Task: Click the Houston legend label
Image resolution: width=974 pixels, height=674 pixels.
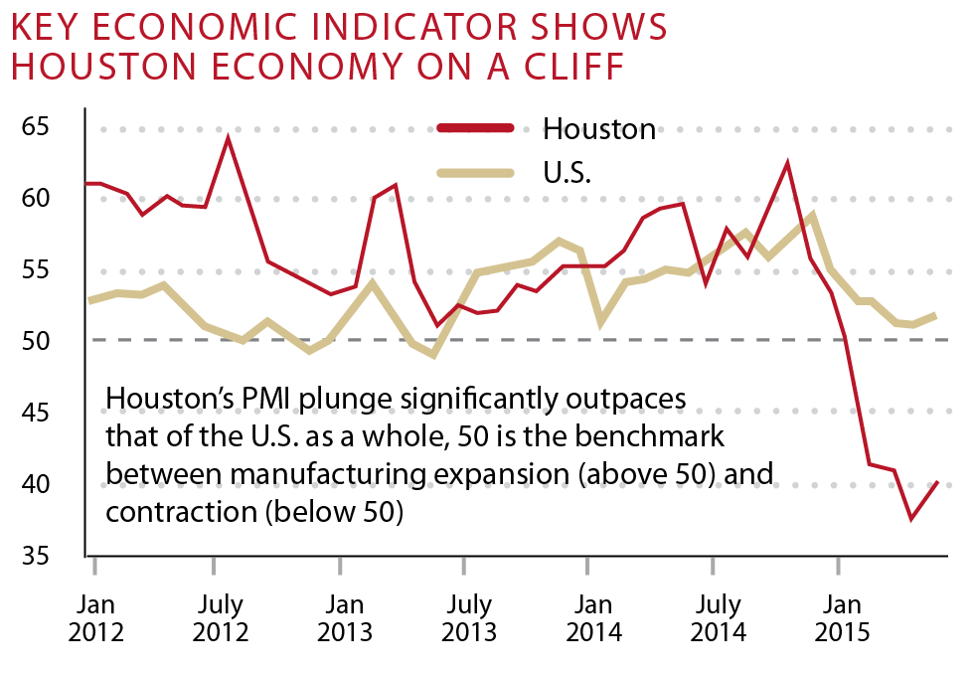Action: pos(599,129)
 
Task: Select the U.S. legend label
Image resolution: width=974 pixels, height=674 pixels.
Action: pos(568,174)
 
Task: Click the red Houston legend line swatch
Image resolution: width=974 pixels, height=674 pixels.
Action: pos(475,127)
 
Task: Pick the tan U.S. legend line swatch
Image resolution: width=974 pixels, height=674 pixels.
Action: pos(475,173)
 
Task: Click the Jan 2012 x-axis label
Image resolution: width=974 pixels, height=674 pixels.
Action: pos(95,618)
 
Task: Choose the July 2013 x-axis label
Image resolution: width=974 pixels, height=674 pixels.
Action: pos(468,618)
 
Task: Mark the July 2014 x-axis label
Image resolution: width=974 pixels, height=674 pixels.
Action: pos(717,618)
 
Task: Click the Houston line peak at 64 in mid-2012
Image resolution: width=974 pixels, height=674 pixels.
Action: pos(229,138)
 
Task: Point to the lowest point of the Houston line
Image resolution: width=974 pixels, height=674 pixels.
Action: pos(911,518)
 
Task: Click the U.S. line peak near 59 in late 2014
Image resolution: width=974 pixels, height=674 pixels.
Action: pos(813,214)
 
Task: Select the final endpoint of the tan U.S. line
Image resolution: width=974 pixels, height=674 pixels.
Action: pos(937,315)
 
